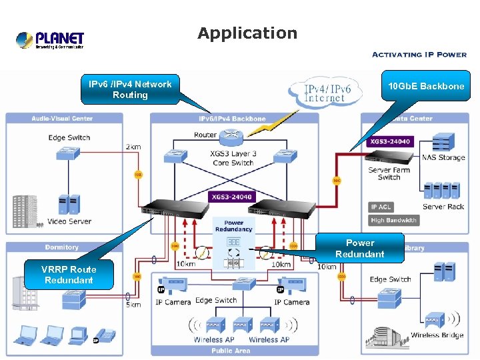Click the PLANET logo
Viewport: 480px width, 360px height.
click(x=50, y=40)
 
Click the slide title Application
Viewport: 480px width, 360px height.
click(x=247, y=33)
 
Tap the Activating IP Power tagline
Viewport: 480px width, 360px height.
click(x=419, y=55)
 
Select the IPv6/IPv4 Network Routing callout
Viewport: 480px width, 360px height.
click(x=130, y=89)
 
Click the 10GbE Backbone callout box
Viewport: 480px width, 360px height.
click(x=426, y=87)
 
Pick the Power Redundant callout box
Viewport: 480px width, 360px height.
click(x=360, y=248)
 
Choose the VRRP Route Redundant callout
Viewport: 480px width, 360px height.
click(x=69, y=275)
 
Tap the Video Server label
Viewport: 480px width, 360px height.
click(x=69, y=221)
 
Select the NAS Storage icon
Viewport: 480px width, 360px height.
click(x=443, y=142)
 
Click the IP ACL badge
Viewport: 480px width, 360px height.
click(x=382, y=207)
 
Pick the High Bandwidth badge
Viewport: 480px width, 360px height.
click(x=393, y=220)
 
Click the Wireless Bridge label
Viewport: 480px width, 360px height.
click(x=437, y=335)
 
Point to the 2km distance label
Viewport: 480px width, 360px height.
click(x=134, y=146)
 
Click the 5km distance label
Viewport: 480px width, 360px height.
click(x=133, y=305)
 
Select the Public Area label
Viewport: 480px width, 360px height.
click(x=231, y=349)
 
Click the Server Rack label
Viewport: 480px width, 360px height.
click(x=443, y=207)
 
